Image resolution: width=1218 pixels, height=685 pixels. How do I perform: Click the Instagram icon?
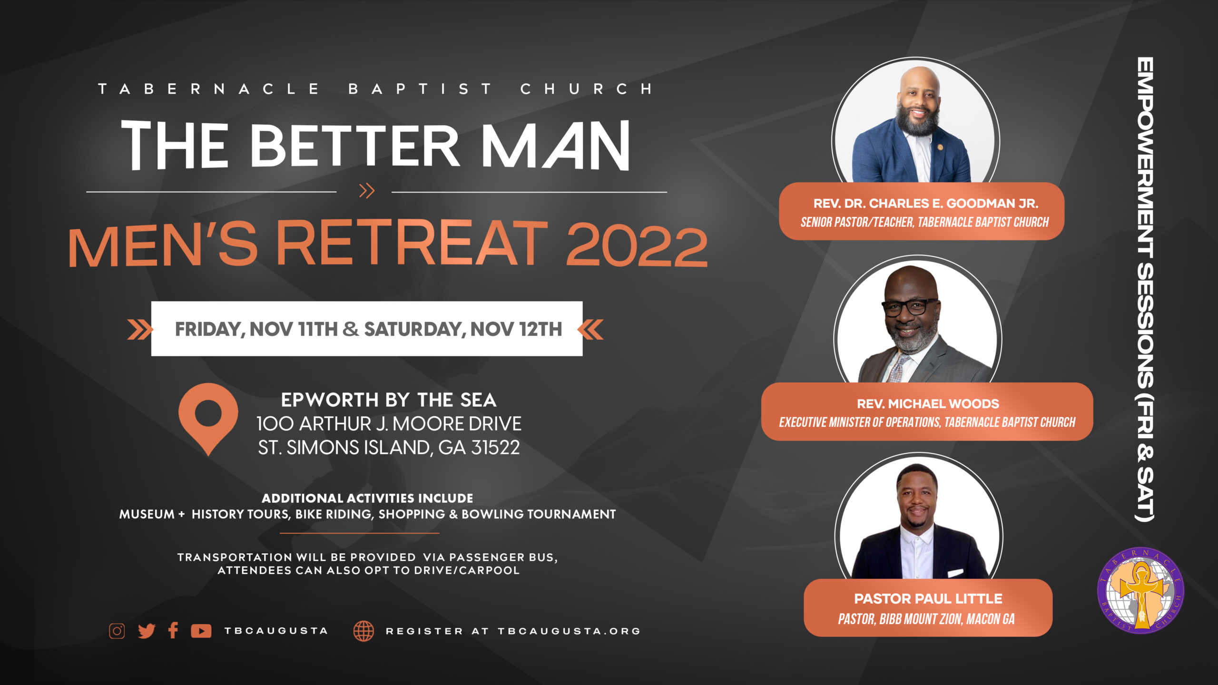117,631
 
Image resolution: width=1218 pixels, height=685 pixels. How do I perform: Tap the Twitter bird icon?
147,631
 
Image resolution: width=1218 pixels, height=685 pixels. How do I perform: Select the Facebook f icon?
173,630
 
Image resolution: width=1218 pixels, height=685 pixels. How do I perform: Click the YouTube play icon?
201,631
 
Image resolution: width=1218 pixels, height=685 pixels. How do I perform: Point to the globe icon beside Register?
363,631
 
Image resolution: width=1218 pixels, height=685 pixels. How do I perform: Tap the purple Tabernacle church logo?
1140,590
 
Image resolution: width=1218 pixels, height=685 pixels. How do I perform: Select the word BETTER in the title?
354,145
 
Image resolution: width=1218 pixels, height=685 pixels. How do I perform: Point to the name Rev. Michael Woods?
928,404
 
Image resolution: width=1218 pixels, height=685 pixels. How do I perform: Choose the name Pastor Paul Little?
928,598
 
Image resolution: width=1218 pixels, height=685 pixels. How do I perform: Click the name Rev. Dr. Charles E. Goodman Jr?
926,204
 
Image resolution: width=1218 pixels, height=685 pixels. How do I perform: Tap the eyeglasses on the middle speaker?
909,306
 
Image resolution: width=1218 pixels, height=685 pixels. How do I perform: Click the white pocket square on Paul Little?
955,573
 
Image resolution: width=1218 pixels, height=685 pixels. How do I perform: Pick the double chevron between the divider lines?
367,191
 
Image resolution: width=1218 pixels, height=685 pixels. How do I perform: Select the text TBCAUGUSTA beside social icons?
276,631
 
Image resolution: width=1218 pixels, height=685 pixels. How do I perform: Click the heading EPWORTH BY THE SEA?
389,400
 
